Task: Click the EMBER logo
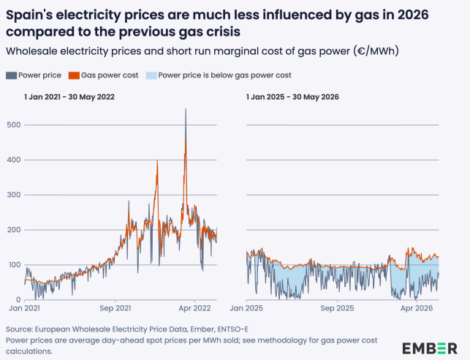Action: tap(430, 348)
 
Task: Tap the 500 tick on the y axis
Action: tap(14, 125)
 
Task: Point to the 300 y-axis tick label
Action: tap(14, 195)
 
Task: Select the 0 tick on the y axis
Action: tap(18, 300)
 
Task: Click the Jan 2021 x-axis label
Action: tap(24, 308)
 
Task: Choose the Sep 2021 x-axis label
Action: tap(115, 308)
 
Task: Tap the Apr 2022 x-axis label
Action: tap(195, 308)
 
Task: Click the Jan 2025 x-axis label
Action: tap(246, 308)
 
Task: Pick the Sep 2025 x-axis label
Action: tap(337, 308)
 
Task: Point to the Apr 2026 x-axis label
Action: tap(417, 308)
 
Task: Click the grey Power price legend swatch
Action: tap(11, 75)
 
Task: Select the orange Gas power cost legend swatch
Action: tap(74, 75)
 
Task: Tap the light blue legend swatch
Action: tap(151, 75)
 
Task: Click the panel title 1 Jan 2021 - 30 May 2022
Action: tap(69, 97)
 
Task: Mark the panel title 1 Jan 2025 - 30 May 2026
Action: tap(292, 97)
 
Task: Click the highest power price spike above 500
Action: tap(186, 109)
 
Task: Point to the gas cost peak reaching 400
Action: tap(157, 161)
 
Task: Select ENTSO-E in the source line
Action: tap(233, 329)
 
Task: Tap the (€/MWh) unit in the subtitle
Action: tap(376, 51)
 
